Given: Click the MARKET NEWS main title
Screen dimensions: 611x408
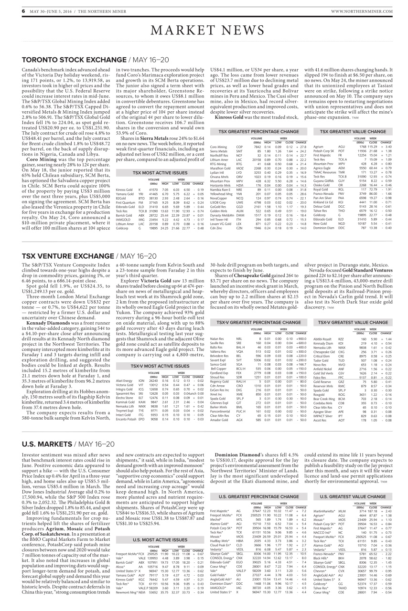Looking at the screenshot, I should click(204, 30).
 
